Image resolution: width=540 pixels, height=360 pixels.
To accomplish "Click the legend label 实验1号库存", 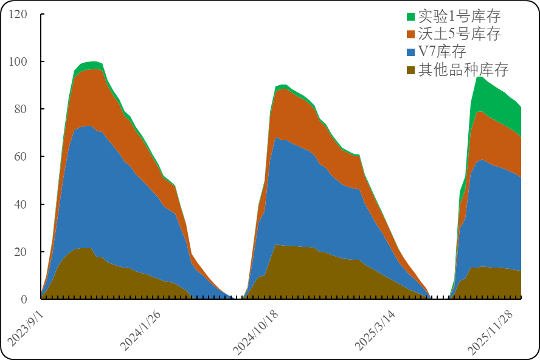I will click(x=459, y=16).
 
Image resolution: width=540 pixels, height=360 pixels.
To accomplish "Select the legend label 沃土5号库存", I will click(x=459, y=34).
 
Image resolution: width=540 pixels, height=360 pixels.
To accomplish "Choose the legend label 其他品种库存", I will click(x=463, y=69).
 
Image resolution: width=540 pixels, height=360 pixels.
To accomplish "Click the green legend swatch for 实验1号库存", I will click(x=410, y=16).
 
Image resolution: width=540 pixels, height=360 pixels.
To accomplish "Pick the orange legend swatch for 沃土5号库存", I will click(x=410, y=34).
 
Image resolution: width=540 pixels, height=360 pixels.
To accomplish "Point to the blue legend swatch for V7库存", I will click(x=410, y=52).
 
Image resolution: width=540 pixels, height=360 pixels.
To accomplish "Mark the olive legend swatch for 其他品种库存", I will click(x=410, y=69).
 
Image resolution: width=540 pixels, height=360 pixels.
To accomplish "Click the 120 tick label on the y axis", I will click(x=18, y=14).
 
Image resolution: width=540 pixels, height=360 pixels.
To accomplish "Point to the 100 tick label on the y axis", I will click(x=18, y=61).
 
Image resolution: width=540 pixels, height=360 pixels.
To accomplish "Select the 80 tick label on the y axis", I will click(x=21, y=109).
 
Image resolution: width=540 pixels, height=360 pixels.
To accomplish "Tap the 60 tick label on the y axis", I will click(x=21, y=156).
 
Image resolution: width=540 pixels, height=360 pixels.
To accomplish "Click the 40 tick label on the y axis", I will click(x=21, y=204).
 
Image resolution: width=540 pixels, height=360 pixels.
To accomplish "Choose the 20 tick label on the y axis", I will click(x=21, y=251).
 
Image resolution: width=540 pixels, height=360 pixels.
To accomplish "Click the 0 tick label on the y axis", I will click(x=24, y=299).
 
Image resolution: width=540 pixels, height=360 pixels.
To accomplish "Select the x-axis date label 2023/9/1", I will click(x=27, y=327).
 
